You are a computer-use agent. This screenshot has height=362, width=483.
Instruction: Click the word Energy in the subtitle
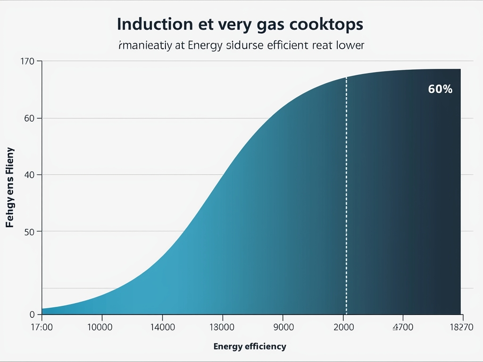206,46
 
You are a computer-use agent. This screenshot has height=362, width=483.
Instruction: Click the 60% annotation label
440,89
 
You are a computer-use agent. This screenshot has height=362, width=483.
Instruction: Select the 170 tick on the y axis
28,61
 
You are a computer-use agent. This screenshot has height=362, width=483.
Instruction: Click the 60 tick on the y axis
30,118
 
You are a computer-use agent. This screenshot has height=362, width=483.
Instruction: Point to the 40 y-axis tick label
30,175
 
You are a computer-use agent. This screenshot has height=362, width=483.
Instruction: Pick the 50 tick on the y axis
30,231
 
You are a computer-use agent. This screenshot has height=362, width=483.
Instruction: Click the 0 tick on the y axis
32,314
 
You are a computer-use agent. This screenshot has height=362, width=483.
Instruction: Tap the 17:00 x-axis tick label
42,327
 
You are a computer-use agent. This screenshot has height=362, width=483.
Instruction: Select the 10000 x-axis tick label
100,327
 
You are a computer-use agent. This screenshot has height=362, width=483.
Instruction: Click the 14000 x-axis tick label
162,327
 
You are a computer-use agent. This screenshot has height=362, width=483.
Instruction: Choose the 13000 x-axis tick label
221,327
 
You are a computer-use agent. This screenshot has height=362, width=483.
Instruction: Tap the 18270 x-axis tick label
462,327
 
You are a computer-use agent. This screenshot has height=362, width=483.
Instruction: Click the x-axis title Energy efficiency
250,347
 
